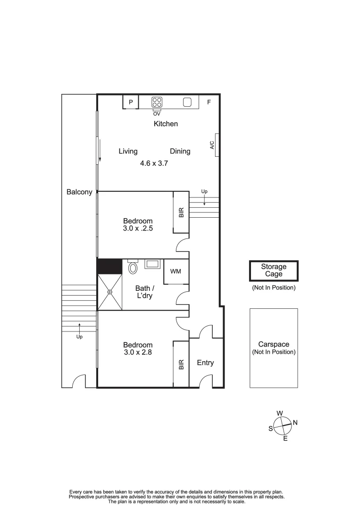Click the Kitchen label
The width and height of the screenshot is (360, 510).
(166, 124)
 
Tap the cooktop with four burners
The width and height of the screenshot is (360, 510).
(157, 102)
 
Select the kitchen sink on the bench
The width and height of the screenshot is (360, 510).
(187, 102)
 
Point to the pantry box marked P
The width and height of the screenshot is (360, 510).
(131, 102)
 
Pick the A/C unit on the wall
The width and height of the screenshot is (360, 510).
(213, 145)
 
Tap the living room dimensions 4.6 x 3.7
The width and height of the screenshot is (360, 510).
(154, 163)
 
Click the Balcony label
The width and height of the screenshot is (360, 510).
(79, 192)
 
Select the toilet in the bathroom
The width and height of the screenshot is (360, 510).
(133, 267)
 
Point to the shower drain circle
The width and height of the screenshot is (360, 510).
(109, 292)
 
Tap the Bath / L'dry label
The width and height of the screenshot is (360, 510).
(143, 292)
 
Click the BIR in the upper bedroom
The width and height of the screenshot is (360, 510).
(181, 212)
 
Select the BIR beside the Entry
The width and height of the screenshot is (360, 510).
(181, 364)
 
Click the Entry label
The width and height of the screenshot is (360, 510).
(205, 363)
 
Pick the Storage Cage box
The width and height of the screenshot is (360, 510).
(274, 271)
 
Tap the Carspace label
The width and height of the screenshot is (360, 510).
(274, 344)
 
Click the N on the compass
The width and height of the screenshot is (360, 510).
(295, 423)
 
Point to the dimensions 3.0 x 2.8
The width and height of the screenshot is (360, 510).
(138, 352)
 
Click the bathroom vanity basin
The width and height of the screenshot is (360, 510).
(151, 264)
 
